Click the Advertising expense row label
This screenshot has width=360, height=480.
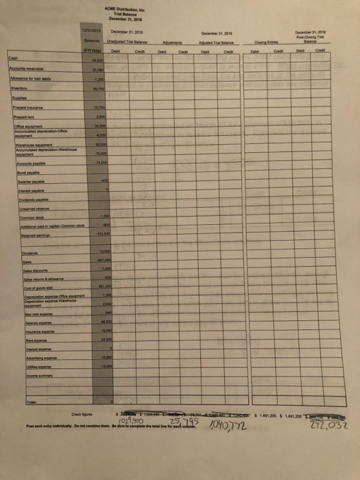tap(26, 359)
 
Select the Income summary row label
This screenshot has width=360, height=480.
tap(23, 376)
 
